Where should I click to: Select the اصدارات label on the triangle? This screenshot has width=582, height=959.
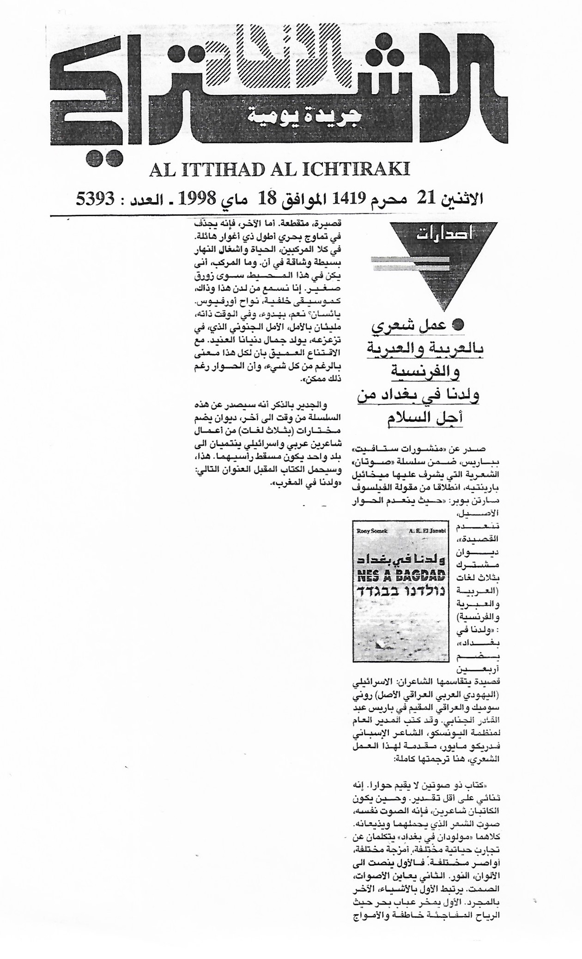(443, 235)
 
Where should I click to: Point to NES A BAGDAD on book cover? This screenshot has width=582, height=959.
(400, 576)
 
